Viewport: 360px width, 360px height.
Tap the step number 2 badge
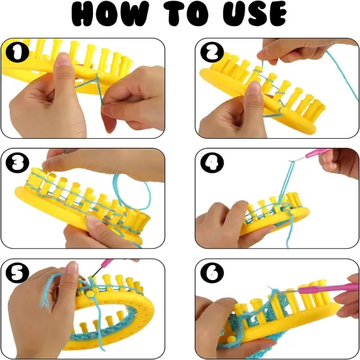(x=214, y=52)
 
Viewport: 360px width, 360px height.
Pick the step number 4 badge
(x=215, y=162)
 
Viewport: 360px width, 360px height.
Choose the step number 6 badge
(x=215, y=272)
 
